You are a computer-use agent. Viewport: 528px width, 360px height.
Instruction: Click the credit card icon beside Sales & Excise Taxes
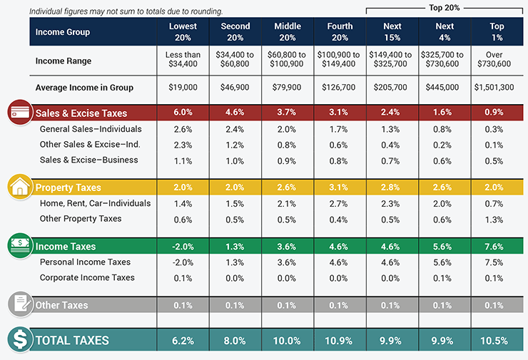point(18,112)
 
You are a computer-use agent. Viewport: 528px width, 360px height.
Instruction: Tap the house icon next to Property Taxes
point(18,187)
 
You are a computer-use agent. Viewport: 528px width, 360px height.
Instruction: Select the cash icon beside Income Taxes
point(18,247)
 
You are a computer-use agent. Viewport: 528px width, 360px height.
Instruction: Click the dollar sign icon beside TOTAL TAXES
point(19,339)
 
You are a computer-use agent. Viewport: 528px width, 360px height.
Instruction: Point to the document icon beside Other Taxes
point(18,305)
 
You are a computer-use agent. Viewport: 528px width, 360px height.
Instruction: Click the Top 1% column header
point(497,31)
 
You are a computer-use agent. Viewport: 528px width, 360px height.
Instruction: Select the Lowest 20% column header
point(183,31)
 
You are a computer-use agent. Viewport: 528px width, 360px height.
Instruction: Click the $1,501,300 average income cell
point(497,88)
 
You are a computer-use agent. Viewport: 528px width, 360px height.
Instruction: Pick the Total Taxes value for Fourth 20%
point(340,340)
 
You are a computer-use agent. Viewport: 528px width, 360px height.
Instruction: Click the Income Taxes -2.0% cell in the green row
point(183,247)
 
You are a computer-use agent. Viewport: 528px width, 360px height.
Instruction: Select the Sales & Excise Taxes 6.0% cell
point(183,112)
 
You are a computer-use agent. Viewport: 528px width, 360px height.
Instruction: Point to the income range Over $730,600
point(497,61)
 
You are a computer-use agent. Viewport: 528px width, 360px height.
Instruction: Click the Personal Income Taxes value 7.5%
point(497,262)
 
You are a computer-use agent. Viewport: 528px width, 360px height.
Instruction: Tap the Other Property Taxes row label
point(81,219)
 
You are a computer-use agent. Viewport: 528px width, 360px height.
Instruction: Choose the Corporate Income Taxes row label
point(87,277)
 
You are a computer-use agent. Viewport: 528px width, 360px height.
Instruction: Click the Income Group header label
point(64,32)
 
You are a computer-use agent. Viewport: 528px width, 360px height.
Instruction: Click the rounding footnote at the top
point(126,11)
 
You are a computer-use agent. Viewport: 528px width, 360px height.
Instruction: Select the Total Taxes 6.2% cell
point(183,340)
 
